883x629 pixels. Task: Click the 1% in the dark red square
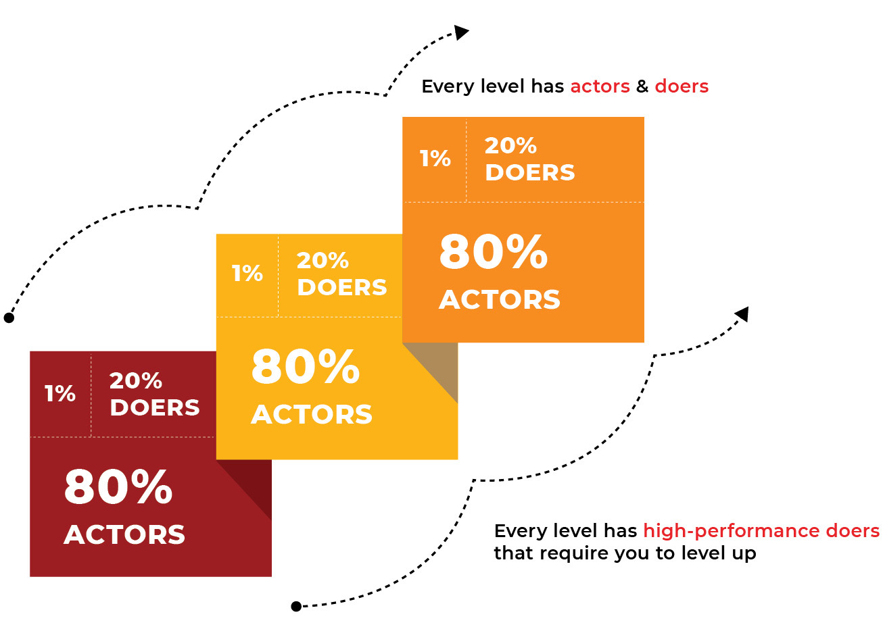pyautogui.click(x=60, y=393)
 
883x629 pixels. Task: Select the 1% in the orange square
pyautogui.click(x=435, y=158)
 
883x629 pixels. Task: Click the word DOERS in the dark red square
pyautogui.click(x=155, y=407)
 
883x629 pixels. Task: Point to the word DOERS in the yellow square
pyautogui.click(x=342, y=287)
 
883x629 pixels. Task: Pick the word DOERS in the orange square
pyautogui.click(x=530, y=172)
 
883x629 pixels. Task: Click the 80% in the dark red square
pyautogui.click(x=118, y=487)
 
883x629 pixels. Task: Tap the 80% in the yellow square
pyautogui.click(x=306, y=367)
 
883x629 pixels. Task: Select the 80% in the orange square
pyautogui.click(x=494, y=252)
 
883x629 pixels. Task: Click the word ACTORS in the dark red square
pyautogui.click(x=124, y=534)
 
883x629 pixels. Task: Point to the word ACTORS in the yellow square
pyautogui.click(x=312, y=414)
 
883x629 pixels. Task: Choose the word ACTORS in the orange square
pyautogui.click(x=500, y=300)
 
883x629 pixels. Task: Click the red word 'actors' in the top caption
pyautogui.click(x=600, y=86)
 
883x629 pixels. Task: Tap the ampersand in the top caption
pyautogui.click(x=642, y=86)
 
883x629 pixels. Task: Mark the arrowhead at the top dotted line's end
pyautogui.click(x=460, y=32)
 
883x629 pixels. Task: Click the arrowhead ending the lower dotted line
pyautogui.click(x=742, y=314)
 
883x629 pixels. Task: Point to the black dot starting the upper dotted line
pyautogui.click(x=9, y=318)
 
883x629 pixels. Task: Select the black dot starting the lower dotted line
pyautogui.click(x=296, y=606)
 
